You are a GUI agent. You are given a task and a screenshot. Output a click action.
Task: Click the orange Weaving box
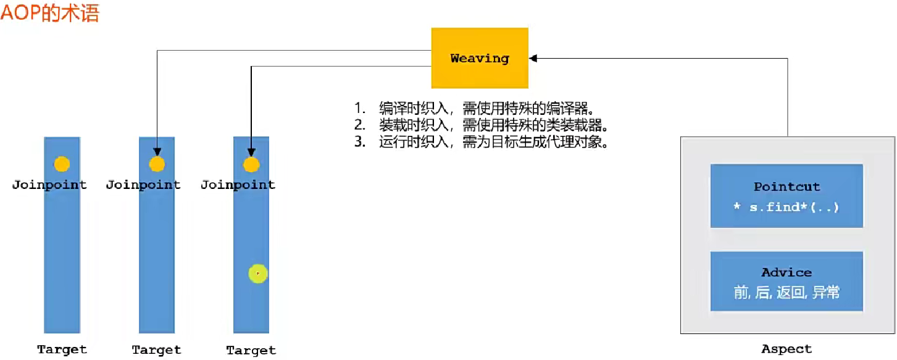479,59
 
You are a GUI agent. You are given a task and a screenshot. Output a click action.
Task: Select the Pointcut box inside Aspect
786,196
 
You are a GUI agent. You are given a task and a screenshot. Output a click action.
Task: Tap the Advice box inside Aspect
786,282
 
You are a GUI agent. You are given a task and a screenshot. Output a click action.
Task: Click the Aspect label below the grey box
786,350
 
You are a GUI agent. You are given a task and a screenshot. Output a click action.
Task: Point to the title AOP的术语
49,12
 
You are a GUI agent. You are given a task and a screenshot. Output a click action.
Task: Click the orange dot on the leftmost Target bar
62,164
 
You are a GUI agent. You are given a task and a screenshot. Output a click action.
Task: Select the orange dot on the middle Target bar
157,164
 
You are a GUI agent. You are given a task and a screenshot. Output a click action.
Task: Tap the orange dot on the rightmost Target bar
251,164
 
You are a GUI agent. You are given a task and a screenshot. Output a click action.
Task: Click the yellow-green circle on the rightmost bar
257,274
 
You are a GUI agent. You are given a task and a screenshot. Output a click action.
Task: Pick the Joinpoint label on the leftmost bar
49,185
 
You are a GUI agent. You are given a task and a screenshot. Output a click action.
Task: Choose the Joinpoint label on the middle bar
143,185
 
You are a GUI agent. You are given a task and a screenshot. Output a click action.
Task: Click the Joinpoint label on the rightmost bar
238,185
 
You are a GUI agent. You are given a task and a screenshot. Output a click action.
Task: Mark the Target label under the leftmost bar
62,350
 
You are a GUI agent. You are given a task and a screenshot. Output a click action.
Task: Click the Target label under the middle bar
157,350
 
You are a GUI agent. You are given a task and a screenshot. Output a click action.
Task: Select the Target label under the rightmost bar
251,350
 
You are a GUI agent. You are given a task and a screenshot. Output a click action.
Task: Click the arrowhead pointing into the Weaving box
533,58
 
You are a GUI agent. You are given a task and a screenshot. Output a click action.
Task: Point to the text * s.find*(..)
786,207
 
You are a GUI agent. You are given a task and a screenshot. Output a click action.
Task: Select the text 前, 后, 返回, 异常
786,293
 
